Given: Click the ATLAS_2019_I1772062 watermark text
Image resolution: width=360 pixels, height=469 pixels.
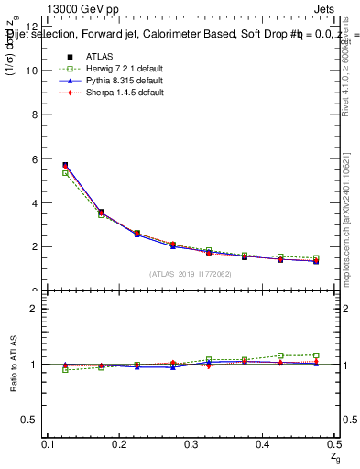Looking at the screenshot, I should coord(190,274).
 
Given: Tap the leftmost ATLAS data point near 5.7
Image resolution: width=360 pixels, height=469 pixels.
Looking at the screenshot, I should coord(65,165).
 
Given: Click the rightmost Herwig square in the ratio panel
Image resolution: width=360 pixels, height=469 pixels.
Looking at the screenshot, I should coord(316,355).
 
